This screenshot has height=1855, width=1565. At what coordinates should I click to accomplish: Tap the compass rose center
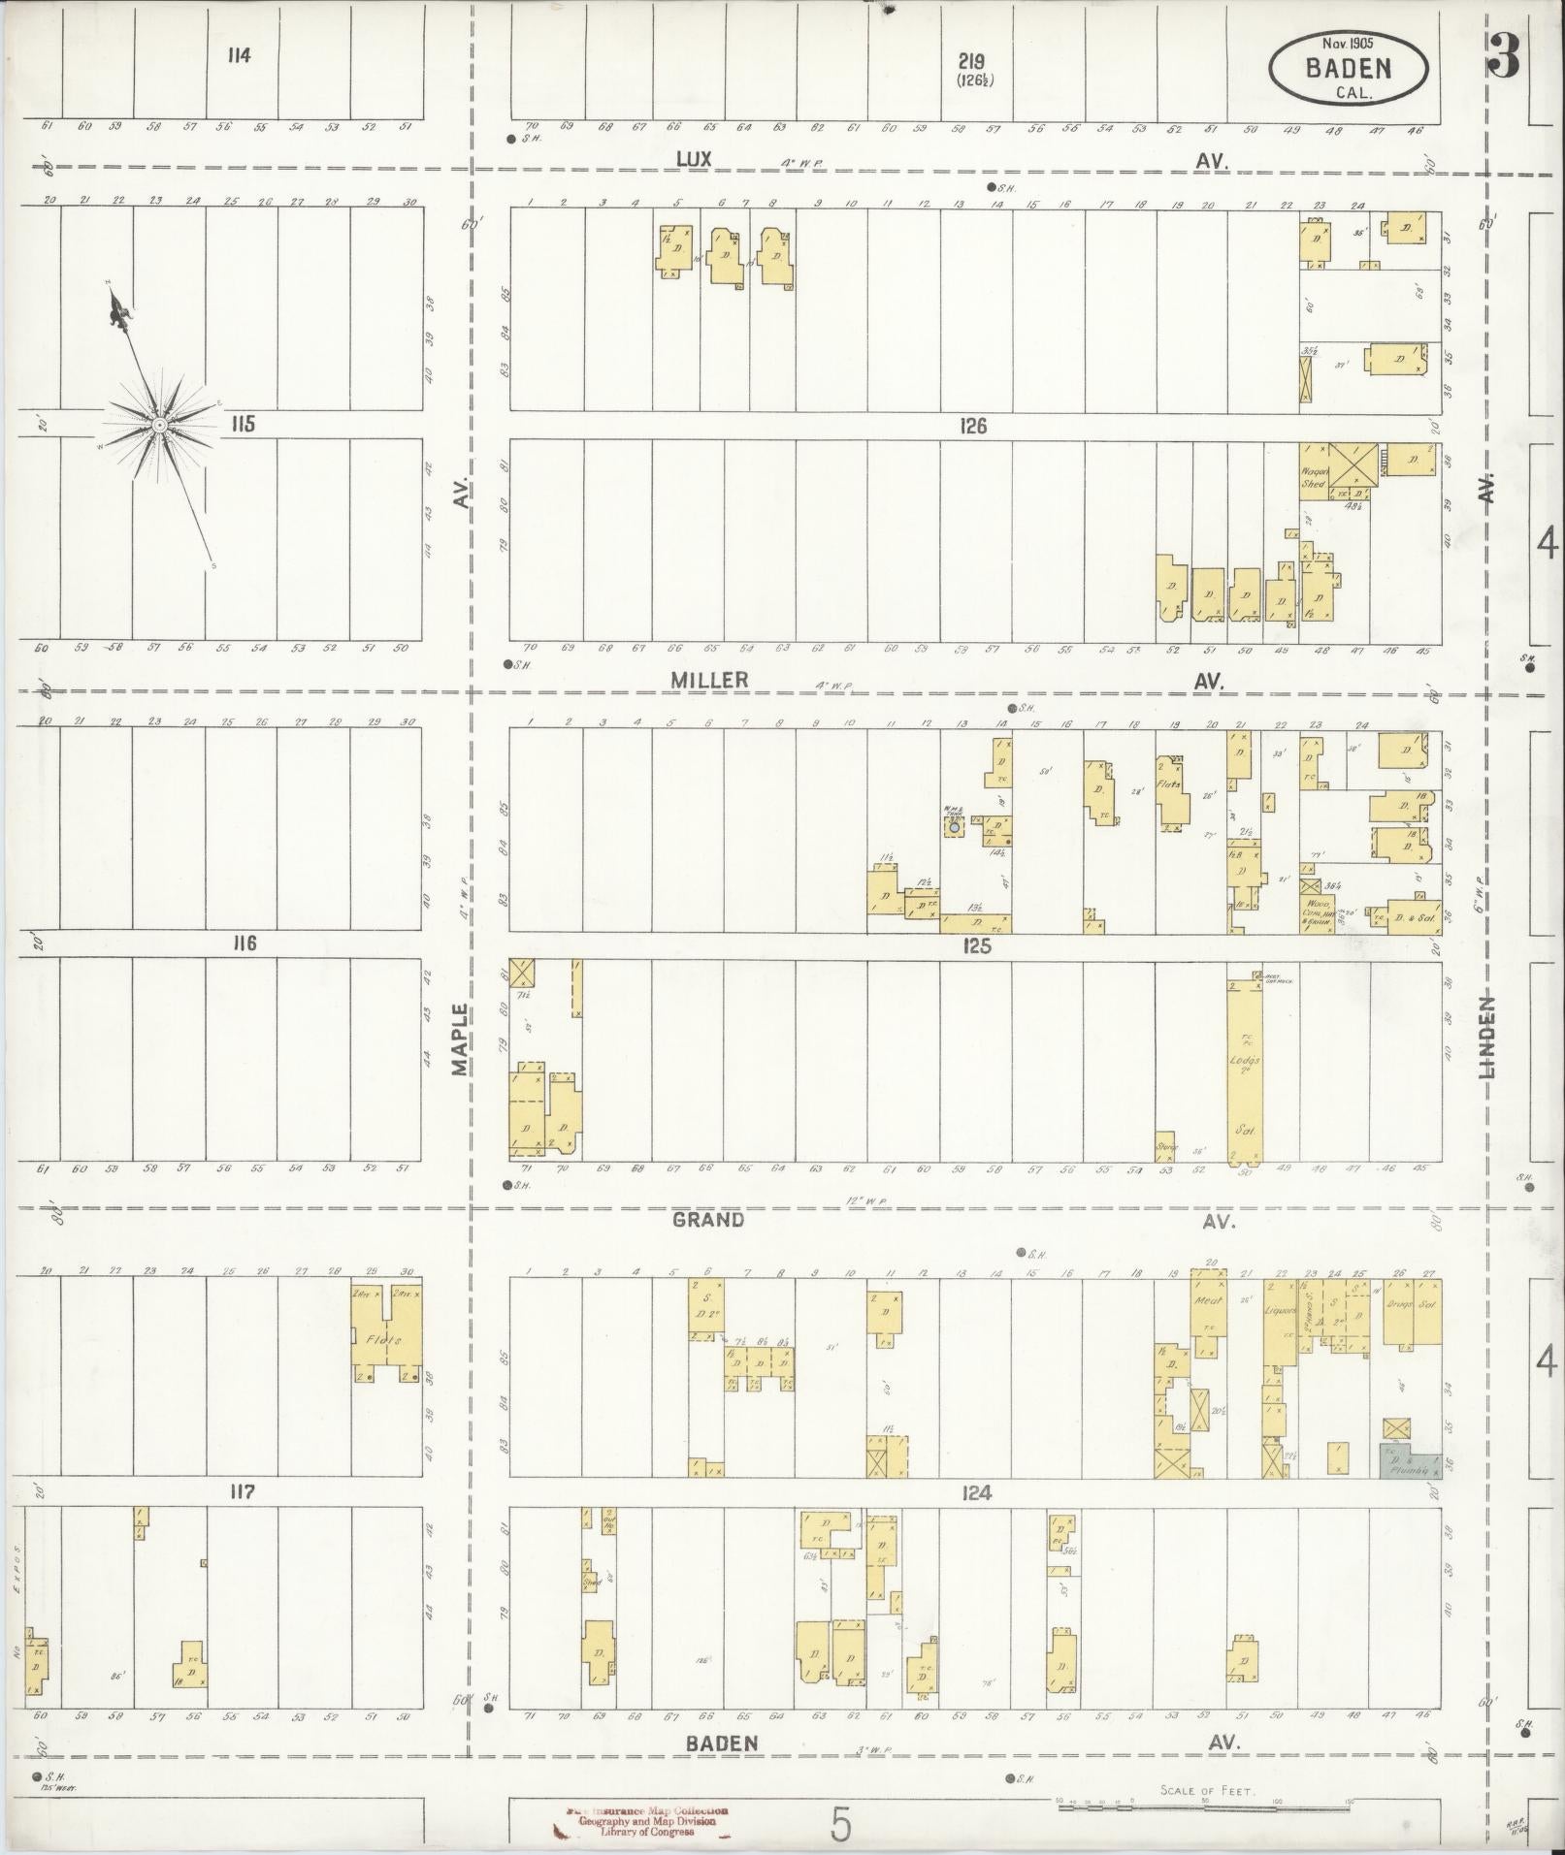click(x=158, y=425)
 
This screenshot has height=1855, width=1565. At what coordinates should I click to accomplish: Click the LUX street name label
click(x=695, y=160)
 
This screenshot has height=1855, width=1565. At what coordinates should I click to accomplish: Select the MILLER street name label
click(x=710, y=681)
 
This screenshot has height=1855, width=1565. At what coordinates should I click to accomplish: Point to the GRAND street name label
click(x=708, y=1220)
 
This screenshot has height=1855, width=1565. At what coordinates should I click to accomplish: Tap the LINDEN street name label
click(x=1488, y=1039)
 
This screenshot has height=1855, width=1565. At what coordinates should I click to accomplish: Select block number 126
click(x=973, y=426)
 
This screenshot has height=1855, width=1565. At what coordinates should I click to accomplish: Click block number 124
click(x=976, y=1494)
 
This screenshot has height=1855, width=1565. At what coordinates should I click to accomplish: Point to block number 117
click(x=242, y=1492)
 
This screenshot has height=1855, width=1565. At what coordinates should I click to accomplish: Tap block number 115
click(x=242, y=424)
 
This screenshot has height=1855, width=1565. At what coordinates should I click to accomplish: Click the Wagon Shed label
click(x=1313, y=477)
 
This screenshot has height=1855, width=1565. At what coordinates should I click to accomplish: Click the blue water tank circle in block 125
click(x=954, y=828)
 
